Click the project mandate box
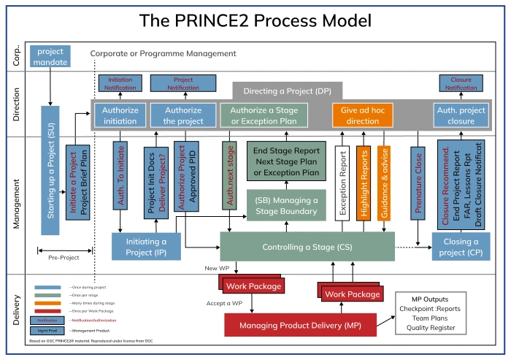coord(50,56)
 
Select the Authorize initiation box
coord(115,115)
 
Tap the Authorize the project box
coord(175,115)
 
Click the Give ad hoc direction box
coord(362,115)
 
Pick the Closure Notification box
coord(461,83)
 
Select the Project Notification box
coord(177,83)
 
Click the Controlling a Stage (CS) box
coord(307,247)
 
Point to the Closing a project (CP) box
coord(461,247)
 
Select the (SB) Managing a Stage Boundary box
coord(286,206)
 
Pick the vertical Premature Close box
coord(419,183)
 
